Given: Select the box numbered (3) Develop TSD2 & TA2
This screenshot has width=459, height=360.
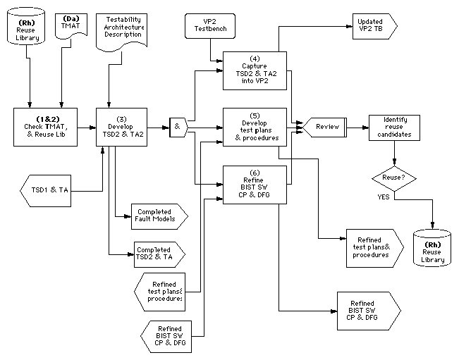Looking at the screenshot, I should click(x=118, y=128).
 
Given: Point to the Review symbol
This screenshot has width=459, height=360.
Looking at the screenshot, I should click(x=323, y=128).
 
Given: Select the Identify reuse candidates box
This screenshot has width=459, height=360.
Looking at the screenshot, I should click(x=393, y=128).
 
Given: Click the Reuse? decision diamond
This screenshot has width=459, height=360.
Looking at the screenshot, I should click(x=393, y=177).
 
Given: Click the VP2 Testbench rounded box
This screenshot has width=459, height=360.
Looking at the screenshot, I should click(x=210, y=26).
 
